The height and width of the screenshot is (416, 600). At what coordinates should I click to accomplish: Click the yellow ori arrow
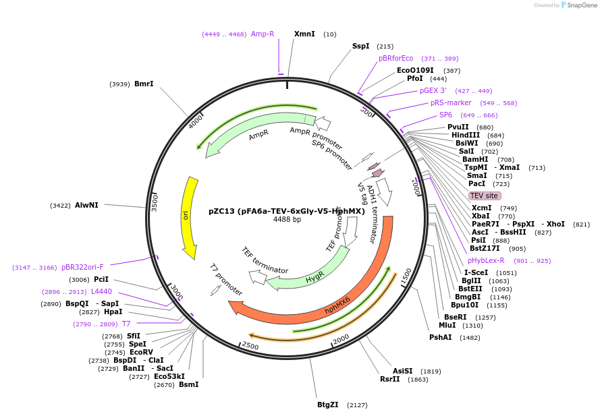point(189,216)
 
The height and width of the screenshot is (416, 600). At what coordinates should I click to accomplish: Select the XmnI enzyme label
point(304,34)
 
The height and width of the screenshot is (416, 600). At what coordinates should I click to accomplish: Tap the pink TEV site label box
point(484,196)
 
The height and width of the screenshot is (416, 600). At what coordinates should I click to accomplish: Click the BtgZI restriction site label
point(328,405)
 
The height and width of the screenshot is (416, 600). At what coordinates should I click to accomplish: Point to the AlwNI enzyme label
point(86,205)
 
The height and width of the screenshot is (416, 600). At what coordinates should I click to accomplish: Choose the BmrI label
point(144,84)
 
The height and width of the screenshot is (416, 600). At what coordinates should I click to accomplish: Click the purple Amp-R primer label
point(263,34)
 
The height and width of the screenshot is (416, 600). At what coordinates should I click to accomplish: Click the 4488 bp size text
point(287,220)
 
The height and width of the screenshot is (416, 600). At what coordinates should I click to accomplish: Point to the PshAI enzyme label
point(441,337)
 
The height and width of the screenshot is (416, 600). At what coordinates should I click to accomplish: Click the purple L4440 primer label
point(101,291)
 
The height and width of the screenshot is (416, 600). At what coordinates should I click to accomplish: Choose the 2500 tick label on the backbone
point(250,346)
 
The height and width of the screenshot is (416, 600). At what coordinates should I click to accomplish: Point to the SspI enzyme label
point(360,46)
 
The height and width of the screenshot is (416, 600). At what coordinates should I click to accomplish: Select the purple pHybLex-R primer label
point(486,260)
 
